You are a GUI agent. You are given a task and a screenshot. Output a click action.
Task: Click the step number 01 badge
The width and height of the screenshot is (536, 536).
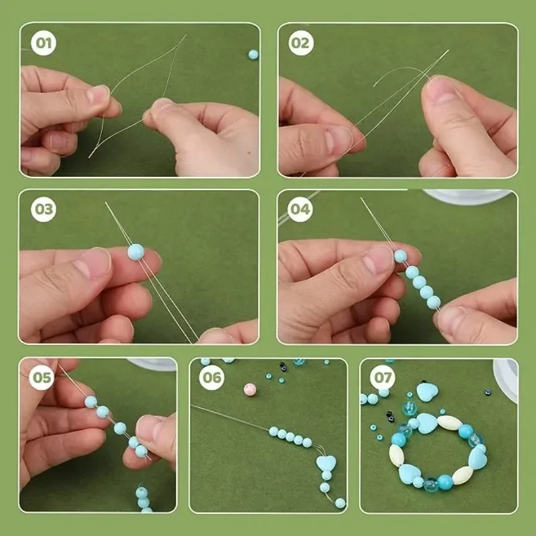coord(44,44)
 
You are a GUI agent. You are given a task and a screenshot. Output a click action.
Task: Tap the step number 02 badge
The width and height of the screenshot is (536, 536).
coord(301,44)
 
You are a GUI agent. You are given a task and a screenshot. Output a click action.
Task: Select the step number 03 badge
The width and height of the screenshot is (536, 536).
coord(44,209)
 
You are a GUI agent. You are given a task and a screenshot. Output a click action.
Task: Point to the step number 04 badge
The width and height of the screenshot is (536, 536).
coord(301,209)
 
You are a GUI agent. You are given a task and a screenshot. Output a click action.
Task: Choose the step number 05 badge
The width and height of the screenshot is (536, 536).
coord(42,378)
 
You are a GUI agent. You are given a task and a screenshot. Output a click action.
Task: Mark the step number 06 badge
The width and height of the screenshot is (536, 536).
coord(212,378)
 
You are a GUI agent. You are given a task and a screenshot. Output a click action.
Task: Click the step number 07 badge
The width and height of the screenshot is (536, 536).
coord(383,378)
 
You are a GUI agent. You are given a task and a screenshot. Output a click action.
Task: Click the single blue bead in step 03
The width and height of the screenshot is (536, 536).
coord(135,252)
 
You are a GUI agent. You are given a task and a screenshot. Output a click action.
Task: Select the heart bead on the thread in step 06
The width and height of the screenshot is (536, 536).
coord(326,464)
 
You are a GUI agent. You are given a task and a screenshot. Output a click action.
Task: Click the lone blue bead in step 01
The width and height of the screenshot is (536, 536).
coord(253,54)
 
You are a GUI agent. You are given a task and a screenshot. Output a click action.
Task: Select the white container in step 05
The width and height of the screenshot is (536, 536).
coord(152,364)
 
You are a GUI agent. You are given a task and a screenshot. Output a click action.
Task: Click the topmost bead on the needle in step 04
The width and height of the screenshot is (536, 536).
coord(400,255)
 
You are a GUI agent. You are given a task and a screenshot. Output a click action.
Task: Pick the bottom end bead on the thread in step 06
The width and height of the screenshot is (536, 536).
coord(340,503)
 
